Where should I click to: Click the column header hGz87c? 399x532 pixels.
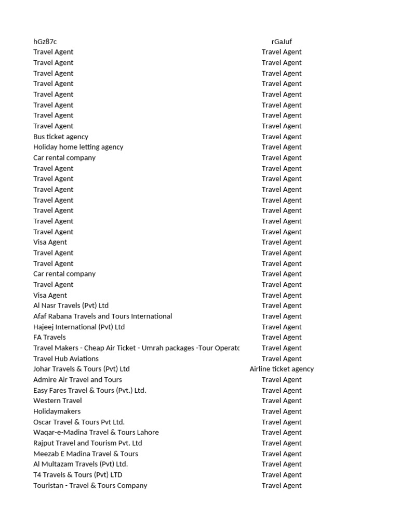[45, 42]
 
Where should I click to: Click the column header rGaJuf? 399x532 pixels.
[282, 42]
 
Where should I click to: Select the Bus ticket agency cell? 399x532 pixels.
[61, 137]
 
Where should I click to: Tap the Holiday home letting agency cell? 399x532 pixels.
[78, 147]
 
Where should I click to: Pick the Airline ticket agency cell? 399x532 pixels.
[282, 369]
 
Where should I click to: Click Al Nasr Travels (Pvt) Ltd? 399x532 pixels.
[71, 305]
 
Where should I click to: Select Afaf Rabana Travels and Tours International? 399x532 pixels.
[102, 316]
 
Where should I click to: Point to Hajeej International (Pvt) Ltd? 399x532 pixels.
[79, 327]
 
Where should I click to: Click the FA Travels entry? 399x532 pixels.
[49, 337]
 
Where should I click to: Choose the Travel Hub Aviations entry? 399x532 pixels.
[66, 358]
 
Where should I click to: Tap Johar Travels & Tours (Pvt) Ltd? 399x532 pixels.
[82, 369]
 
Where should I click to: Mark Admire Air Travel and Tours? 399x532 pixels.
[77, 379]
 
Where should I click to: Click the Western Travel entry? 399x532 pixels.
[57, 401]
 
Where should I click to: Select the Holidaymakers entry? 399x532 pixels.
[57, 411]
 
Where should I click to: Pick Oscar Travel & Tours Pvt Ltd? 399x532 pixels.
[79, 422]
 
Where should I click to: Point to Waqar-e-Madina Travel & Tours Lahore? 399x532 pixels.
[96, 432]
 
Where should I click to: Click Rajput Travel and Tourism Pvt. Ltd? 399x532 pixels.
[87, 443]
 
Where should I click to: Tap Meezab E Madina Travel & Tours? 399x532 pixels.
[86, 454]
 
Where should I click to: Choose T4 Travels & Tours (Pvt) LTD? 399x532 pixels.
[78, 474]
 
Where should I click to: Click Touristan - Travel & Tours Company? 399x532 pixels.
[90, 485]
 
